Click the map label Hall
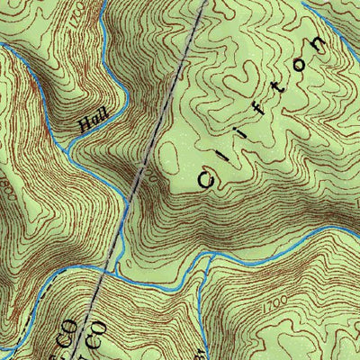[91, 122]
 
